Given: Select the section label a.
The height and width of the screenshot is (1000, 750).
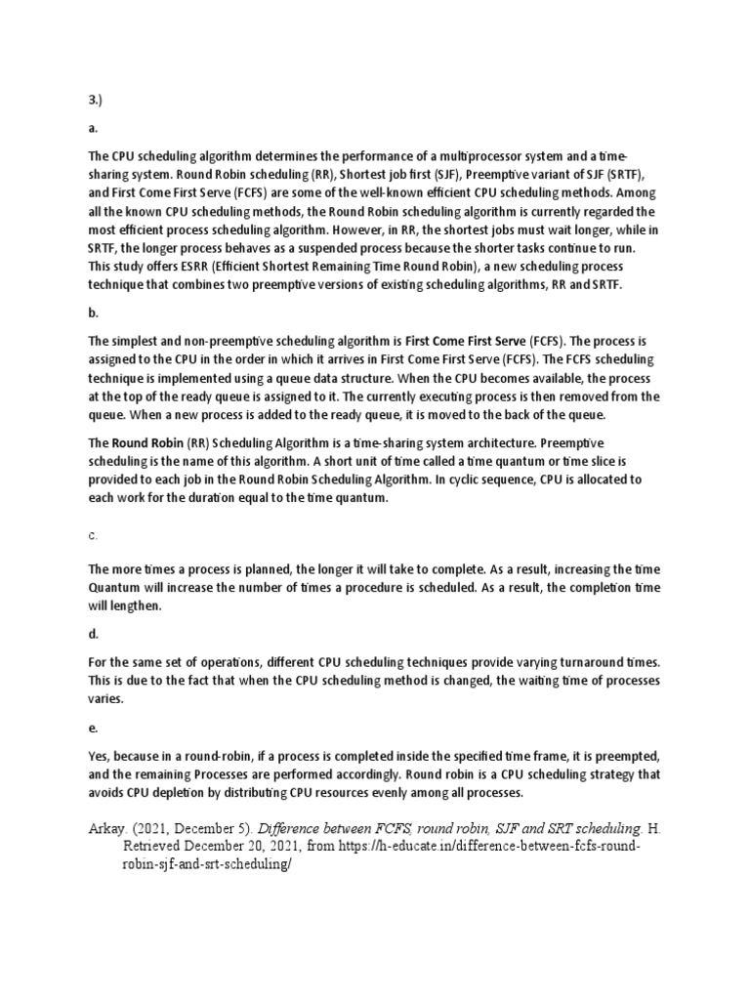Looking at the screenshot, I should click(93, 127).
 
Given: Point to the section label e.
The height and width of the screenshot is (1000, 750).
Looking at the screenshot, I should click(93, 728).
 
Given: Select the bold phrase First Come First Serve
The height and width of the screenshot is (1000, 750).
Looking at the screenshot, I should click(466, 342).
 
